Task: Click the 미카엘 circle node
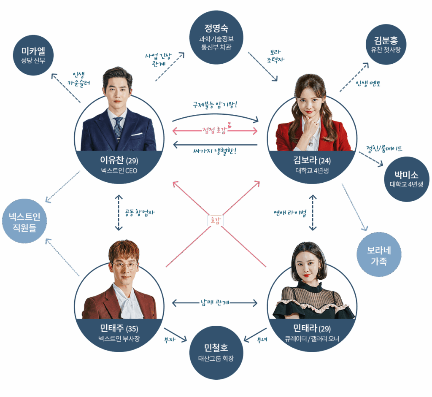point(33,55)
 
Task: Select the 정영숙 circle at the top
point(216,38)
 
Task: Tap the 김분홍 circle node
point(386,44)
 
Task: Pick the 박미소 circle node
point(407,179)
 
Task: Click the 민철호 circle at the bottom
point(216,353)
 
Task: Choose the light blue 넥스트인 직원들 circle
point(24,221)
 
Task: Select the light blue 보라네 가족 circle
point(379,254)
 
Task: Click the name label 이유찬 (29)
point(119,160)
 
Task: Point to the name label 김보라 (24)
point(312,160)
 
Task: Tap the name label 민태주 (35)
point(119,328)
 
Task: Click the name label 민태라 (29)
point(312,328)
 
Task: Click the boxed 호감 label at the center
point(216,220)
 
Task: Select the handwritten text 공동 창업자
point(139,213)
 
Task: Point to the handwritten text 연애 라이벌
point(290,213)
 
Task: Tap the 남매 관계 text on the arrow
point(215,302)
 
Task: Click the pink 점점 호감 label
point(215,130)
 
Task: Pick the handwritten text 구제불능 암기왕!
point(215,105)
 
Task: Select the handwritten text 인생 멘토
point(368,83)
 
